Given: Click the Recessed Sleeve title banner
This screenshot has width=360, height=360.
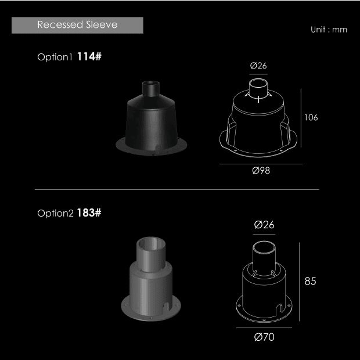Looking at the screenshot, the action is tap(77, 25).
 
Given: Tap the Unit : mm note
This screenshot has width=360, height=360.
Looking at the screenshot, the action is tap(329, 30).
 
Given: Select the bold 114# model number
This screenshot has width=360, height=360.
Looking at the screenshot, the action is tap(89, 56).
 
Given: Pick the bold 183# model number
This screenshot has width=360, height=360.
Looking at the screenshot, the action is tap(89, 213).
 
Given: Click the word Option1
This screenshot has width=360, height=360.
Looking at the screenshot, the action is tap(55, 57).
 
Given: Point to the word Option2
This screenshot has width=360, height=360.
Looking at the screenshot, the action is tap(55, 213).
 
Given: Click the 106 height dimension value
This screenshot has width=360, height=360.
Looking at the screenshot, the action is tap(311, 117).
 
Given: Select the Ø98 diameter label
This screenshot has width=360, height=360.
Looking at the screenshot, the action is tap(261, 171).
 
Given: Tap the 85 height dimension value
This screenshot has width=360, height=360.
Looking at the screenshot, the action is tap(310, 281).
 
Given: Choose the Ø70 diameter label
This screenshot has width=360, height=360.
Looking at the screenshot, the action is tap(264, 337).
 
